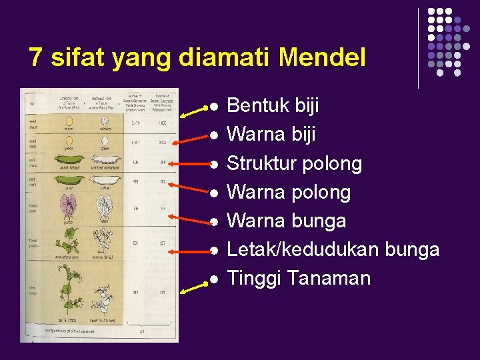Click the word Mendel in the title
322,58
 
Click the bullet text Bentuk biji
273,105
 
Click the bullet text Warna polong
289,192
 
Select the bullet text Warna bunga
287,221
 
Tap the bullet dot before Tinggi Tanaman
214,279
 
